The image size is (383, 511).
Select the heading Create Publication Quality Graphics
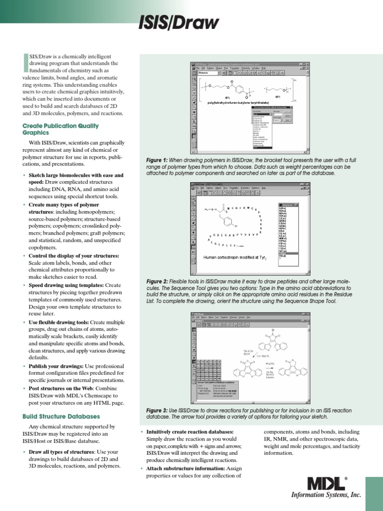coord(60,129)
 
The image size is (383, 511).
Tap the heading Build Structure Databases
coord(61,416)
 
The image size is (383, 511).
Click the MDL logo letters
coord(325,484)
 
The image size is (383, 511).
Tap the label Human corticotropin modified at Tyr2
coord(235,258)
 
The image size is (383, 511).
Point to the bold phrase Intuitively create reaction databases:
coord(190,431)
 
